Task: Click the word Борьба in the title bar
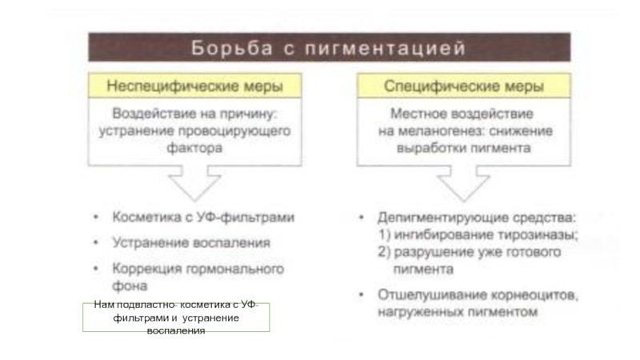[x=232, y=48]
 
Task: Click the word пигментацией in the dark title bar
[x=386, y=48]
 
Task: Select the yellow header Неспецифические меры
[x=194, y=86]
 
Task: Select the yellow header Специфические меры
[x=464, y=86]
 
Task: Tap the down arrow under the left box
[x=194, y=184]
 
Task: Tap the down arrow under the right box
[x=464, y=184]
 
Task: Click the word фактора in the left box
[x=194, y=148]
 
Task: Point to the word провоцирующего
[x=234, y=131]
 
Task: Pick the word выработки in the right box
[x=427, y=148]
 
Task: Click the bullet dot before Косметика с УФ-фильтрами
[x=96, y=217]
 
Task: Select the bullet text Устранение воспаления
[x=191, y=243]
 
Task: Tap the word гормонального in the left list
[x=235, y=269]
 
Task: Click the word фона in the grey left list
[x=130, y=286]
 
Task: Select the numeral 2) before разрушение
[x=384, y=252]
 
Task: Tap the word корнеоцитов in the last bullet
[x=534, y=294]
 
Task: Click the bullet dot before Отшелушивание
[x=362, y=294]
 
